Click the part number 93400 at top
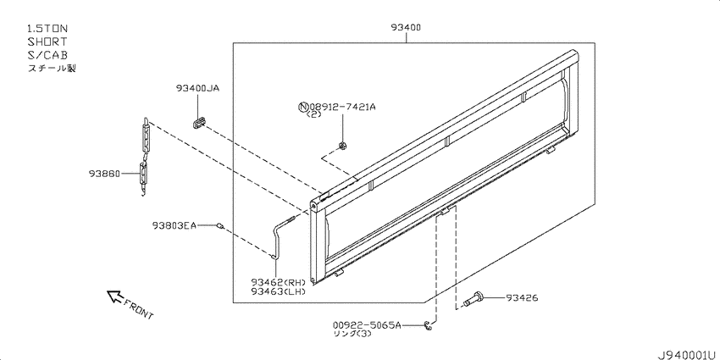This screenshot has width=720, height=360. click(x=406, y=28)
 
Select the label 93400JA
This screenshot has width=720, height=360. click(x=197, y=88)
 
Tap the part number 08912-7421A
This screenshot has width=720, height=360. click(x=342, y=107)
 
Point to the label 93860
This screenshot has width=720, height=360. click(x=104, y=174)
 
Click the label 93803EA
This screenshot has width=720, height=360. click(x=174, y=225)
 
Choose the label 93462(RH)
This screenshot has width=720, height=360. click(x=278, y=282)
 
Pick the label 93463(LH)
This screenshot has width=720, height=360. click(x=278, y=291)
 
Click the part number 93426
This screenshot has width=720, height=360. click(x=522, y=298)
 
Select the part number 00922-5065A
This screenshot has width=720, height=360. click(x=367, y=325)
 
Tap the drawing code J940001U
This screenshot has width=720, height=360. click(x=688, y=354)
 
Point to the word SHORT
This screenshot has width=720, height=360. click(x=47, y=42)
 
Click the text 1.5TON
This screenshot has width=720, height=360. click(x=47, y=29)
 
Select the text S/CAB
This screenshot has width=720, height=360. click(x=47, y=55)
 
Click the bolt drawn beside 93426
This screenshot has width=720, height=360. click(x=474, y=299)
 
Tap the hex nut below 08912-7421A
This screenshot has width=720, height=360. click(x=342, y=146)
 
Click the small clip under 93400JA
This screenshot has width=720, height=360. click(x=198, y=123)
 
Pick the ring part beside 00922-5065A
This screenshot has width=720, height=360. click(x=428, y=325)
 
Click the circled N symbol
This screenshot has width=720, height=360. click(x=303, y=107)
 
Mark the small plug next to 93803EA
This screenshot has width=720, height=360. click(x=220, y=225)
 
